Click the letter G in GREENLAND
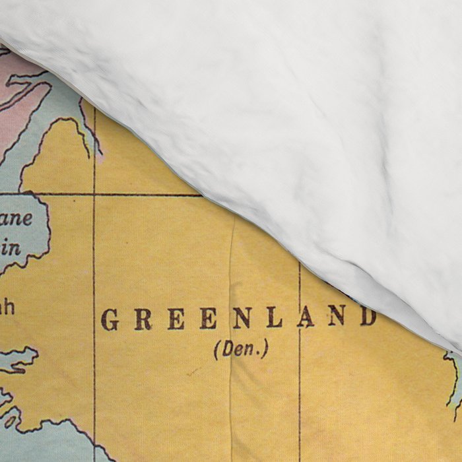click(110, 320)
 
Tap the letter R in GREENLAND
click(142, 320)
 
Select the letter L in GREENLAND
click(275, 318)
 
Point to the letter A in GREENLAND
click(306, 317)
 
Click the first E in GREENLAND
click(176, 320)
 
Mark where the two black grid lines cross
click(94, 194)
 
